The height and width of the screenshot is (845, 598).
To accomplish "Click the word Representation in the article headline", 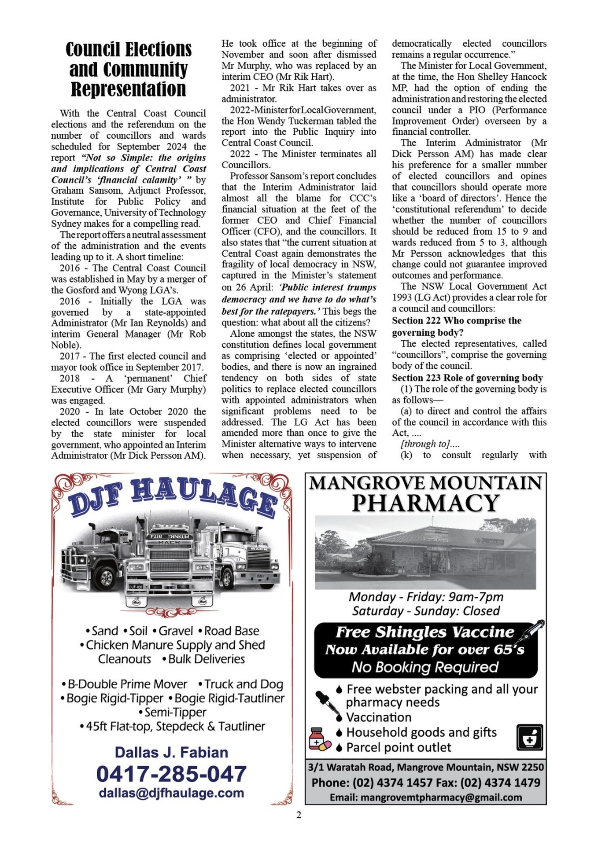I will tap(129, 89).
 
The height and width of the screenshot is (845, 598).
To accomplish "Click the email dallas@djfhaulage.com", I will tap(171, 793).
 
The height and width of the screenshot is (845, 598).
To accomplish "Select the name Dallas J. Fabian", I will tap(171, 753).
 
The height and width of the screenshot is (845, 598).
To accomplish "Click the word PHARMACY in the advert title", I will tap(426, 503).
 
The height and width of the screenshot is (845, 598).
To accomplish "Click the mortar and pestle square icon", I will tap(530, 738).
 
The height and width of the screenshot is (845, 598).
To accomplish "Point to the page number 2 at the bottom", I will tap(299, 815).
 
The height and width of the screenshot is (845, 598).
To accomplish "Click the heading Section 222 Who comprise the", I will tap(457, 321).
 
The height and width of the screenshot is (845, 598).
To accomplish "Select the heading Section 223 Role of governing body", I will tap(467, 378).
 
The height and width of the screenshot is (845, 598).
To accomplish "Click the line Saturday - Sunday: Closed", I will tap(426, 611).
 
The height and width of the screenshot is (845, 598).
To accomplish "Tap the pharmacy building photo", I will tap(425, 553).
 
